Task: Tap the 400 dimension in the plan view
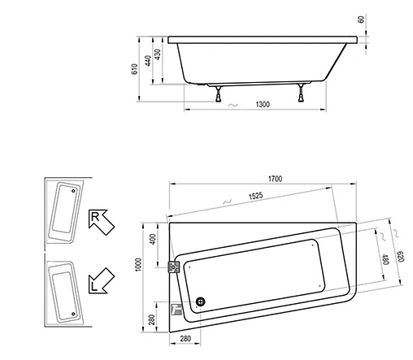click(x=151, y=241)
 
